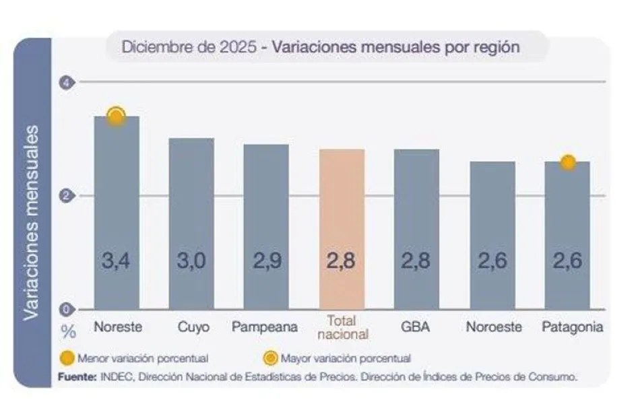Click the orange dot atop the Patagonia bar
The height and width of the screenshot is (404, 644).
(x=568, y=162)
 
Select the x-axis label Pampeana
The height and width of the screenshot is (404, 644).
(x=265, y=328)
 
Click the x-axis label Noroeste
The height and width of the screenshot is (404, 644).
(x=494, y=328)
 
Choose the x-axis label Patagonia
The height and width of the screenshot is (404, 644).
(x=572, y=328)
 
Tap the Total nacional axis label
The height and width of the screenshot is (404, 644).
(x=342, y=327)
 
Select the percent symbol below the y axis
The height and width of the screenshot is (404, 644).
(x=69, y=331)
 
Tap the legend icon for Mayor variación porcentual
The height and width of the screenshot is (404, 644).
(x=271, y=358)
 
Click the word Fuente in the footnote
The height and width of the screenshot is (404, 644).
(x=76, y=377)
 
